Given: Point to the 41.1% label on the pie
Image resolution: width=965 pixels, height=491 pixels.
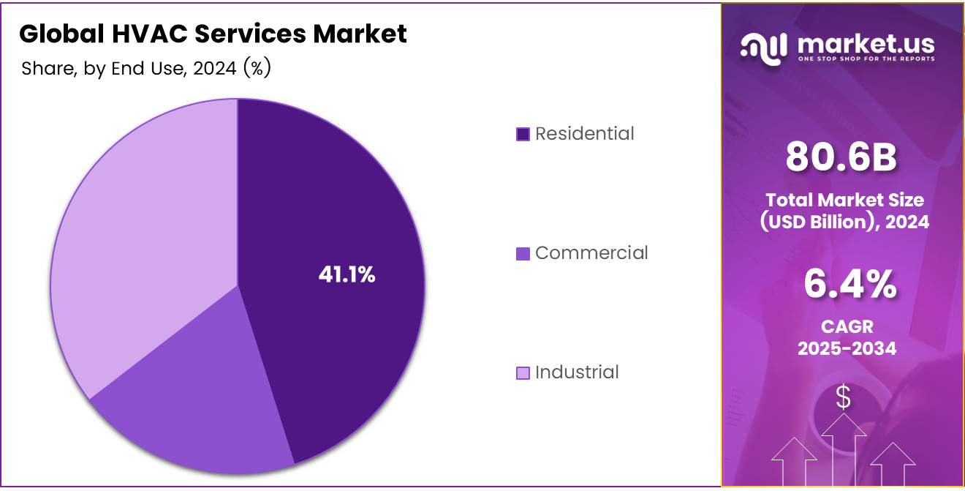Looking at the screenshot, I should point(347,275).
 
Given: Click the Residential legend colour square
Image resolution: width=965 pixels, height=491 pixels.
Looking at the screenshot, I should point(523,134).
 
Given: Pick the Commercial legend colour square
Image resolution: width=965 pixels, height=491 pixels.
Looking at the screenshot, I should point(523,254).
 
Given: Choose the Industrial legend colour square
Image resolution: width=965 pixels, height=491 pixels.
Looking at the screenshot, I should point(523,373).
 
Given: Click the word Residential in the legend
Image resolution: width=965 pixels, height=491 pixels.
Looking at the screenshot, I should point(585,134).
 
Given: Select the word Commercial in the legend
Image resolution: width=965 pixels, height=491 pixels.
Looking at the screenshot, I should point(591,253).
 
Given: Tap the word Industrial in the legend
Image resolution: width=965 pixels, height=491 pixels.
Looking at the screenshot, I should point(577,372).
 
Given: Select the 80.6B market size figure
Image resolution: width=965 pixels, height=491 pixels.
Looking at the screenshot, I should point(841,157).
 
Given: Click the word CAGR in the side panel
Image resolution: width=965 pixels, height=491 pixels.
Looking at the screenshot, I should point(847,326).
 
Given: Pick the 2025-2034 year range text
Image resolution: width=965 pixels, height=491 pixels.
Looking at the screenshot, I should point(847,348).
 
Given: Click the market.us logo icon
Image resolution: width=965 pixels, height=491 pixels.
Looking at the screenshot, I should point(763,48).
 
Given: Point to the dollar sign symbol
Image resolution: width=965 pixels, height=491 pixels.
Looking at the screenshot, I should point(844,398).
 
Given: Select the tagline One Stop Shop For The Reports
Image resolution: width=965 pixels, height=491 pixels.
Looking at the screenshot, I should point(866,59).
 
